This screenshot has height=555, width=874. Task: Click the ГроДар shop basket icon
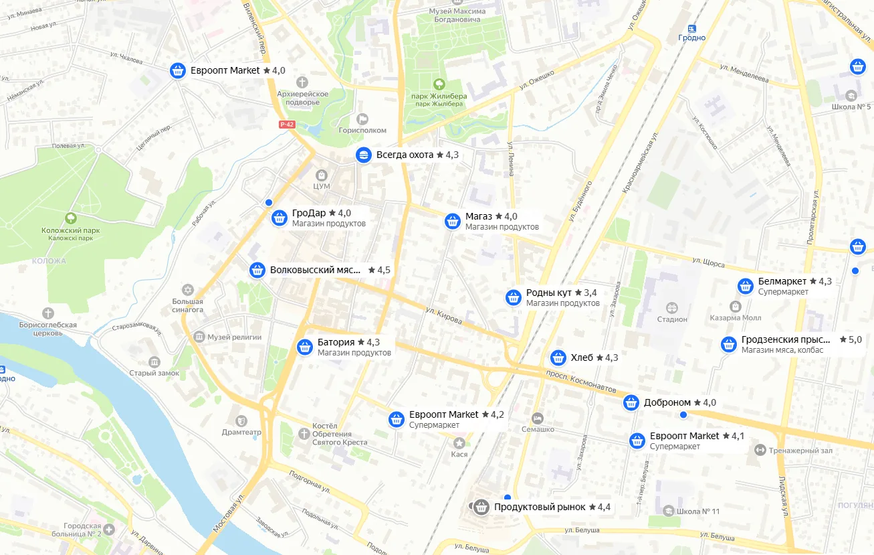coord(280,218)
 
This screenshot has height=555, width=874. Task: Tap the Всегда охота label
coord(405,155)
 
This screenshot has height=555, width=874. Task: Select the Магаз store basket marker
coord(453,221)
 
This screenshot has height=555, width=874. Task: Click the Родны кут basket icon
coord(514,297)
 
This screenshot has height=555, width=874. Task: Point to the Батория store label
coord(336,342)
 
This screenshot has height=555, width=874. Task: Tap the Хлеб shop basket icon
coord(558,358)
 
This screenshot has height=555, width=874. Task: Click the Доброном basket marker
coord(631,402)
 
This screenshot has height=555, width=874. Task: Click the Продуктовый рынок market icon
coord(480,507)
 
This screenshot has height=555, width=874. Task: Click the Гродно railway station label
coord(691,37)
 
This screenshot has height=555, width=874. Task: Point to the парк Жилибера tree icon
coord(439,84)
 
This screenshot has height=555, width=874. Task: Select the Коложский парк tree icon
coord(70,218)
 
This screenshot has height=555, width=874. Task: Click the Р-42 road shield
coord(287,125)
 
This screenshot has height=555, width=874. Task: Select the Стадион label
coord(672,319)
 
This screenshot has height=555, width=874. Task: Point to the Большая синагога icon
coord(188,289)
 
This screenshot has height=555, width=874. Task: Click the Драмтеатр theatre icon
coord(241,420)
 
